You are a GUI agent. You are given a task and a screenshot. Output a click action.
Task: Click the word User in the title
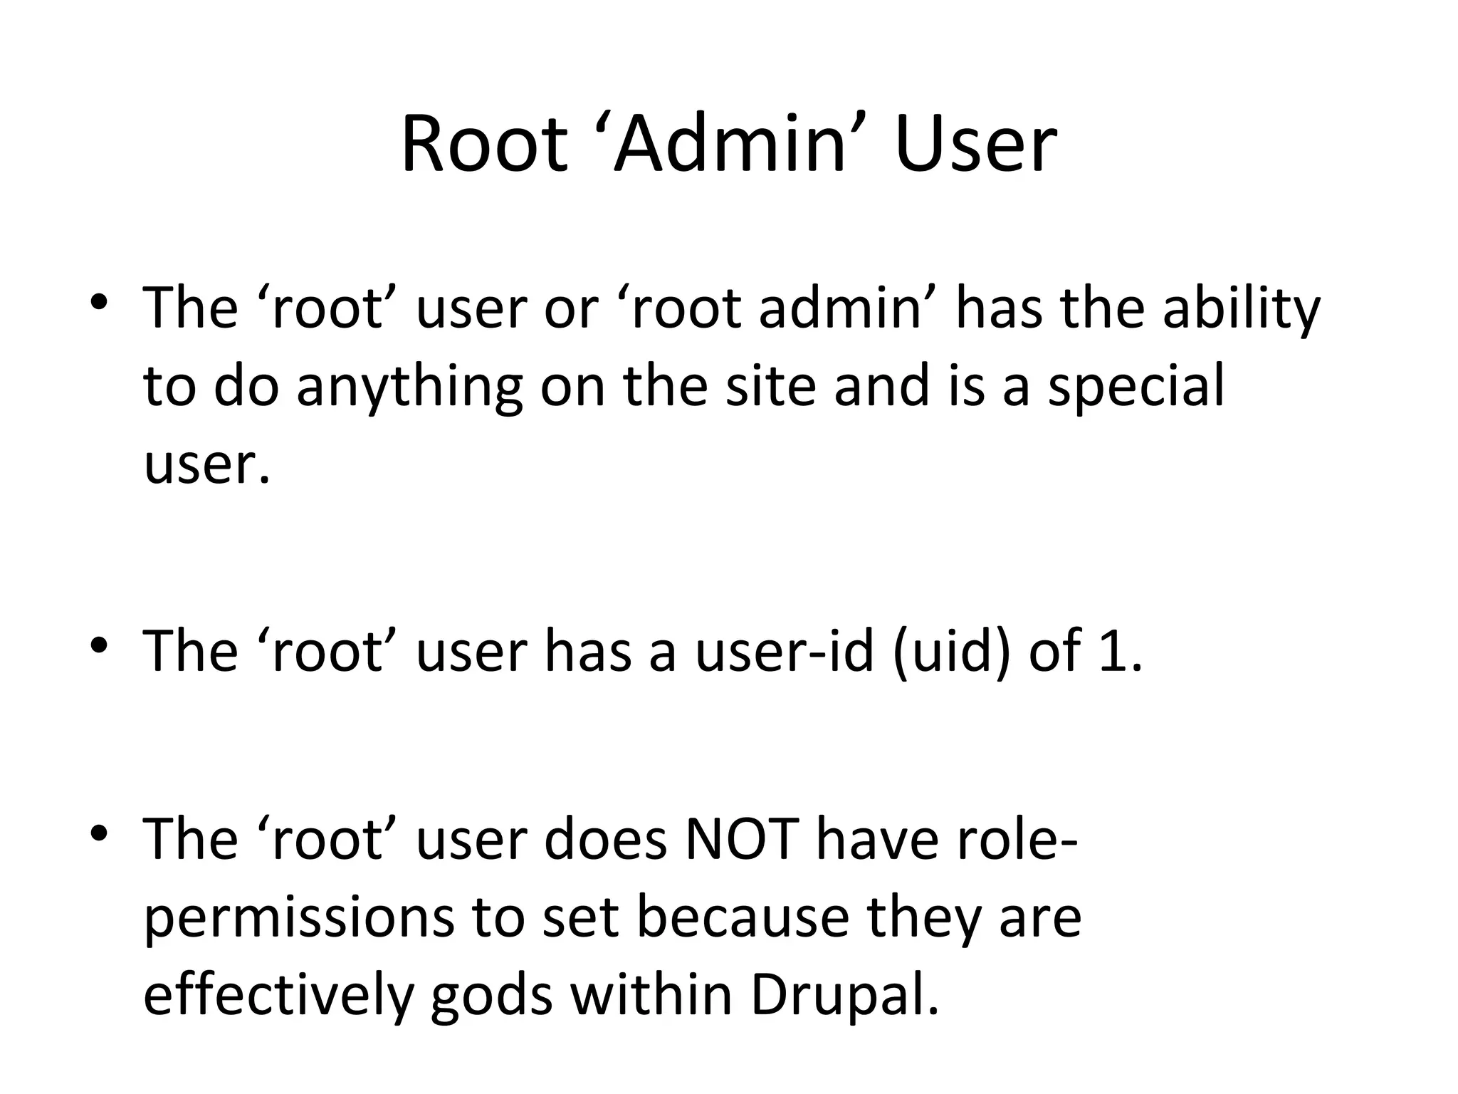pyautogui.click(x=976, y=146)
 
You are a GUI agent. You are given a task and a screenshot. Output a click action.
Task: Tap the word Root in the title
pyautogui.click(x=485, y=146)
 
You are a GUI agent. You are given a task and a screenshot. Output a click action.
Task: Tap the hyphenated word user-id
pyautogui.click(x=784, y=651)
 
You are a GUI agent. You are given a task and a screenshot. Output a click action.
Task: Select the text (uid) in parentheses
pyautogui.click(x=950, y=651)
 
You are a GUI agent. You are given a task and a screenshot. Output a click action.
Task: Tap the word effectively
pyautogui.click(x=278, y=996)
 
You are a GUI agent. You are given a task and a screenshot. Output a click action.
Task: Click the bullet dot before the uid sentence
pyautogui.click(x=99, y=645)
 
